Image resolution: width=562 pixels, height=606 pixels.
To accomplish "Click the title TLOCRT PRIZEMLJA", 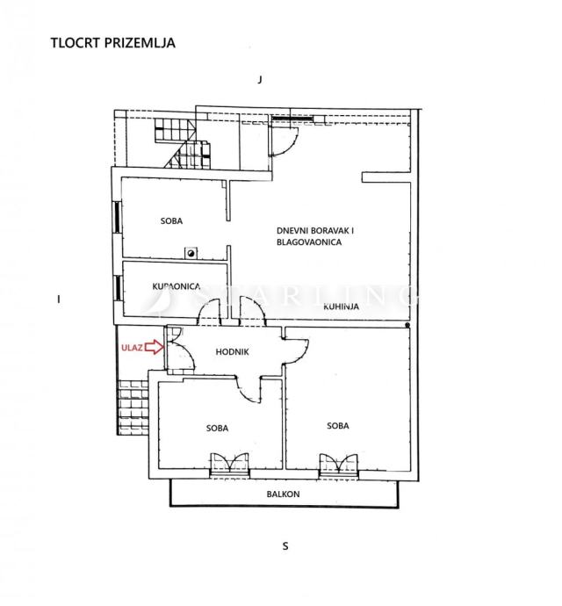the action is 113,42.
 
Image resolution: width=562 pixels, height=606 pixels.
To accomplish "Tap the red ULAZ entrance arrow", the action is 155,347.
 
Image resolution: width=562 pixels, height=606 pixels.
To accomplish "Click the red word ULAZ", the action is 132,348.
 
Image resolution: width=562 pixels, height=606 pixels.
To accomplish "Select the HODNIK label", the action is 232,351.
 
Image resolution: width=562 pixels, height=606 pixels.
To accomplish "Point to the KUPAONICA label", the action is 177,286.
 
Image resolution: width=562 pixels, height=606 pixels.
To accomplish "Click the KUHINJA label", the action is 341,307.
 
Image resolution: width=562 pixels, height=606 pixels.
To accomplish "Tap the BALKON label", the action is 283,494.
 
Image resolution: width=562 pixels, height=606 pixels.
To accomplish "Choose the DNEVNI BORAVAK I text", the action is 315,231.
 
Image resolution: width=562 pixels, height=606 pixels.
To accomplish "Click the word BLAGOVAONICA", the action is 309,242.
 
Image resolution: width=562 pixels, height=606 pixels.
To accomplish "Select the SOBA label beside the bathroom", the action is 171,221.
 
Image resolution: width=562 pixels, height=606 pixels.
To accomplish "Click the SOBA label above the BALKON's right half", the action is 338,425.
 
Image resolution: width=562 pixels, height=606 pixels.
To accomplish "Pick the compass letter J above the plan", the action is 260,80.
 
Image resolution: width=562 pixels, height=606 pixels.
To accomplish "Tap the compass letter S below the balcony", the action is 285,546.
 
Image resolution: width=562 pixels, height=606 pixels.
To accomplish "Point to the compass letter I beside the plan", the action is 58,299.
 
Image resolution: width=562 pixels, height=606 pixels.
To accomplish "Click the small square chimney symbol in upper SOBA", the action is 191,253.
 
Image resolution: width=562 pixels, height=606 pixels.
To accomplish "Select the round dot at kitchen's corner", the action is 407,326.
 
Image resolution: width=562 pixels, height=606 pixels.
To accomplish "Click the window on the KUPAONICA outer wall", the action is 118,287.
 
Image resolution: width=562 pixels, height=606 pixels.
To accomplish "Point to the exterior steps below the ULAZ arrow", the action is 133,408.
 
